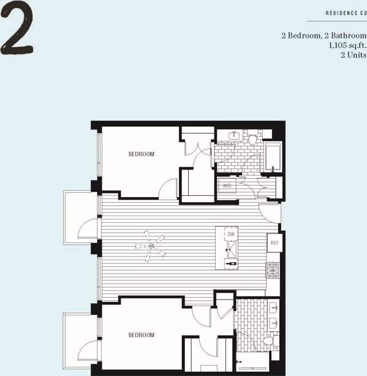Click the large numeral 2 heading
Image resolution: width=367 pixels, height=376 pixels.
17,29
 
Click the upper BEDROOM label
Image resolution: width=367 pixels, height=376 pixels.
141,154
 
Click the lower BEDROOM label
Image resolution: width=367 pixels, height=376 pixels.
141,335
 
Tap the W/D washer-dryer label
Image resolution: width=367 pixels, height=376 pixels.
227,185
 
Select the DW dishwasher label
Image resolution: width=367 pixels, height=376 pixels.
231,235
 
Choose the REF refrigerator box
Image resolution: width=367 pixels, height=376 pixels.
274,243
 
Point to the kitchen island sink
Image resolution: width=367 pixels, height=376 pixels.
231,247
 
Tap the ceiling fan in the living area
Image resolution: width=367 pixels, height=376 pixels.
150,246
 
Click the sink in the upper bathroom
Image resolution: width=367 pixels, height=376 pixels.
233,135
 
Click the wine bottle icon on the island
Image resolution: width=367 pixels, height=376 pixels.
231,263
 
